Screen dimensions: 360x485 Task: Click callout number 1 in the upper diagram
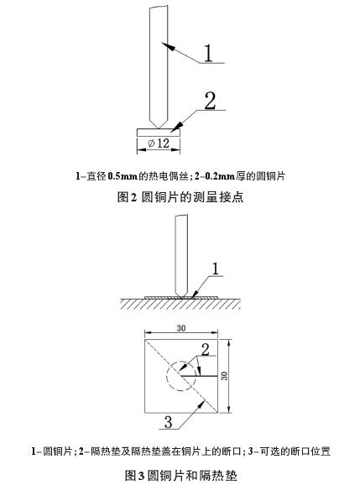point(209,53)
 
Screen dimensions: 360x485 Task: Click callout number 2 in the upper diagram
point(210,101)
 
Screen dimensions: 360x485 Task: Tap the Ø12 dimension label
point(159,143)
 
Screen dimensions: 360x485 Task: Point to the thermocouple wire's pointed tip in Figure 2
point(159,128)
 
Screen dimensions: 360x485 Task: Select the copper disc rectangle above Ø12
point(159,133)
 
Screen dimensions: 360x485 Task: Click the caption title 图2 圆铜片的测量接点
point(180,196)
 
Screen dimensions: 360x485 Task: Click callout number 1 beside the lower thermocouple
point(215,269)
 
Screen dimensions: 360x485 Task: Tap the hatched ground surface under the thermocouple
point(180,304)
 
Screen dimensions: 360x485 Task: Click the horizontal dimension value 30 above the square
point(181,328)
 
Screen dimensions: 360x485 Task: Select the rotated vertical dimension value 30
point(225,376)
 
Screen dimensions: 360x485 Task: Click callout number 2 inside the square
point(205,349)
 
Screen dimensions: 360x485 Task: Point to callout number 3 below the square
point(168,422)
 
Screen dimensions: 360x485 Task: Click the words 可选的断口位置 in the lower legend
point(295,451)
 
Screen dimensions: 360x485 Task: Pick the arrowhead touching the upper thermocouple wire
point(168,46)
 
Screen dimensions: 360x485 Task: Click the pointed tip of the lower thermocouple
point(181,297)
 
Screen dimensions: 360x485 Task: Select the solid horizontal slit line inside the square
point(200,376)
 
